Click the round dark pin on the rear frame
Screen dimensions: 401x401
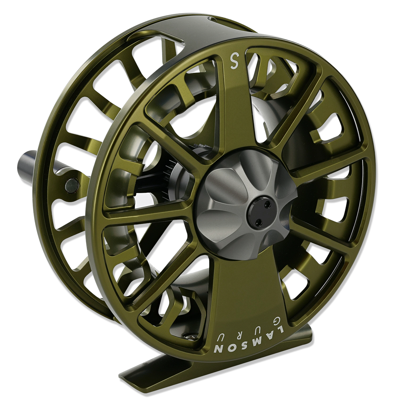point(72,183)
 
